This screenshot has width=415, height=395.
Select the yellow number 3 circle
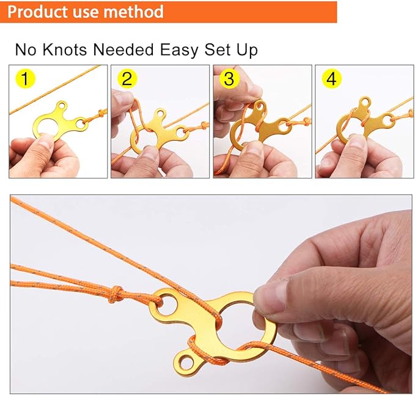[229, 79]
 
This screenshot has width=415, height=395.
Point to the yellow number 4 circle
[331, 79]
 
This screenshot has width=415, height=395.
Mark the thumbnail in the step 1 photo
[44, 142]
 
